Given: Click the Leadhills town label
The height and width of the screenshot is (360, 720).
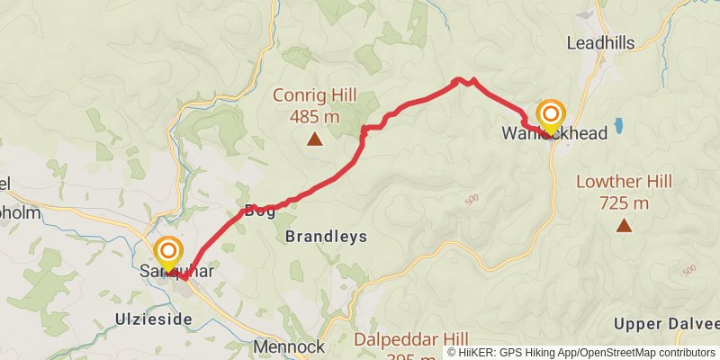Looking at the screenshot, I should [600, 42].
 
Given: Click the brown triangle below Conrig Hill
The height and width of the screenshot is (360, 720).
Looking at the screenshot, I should [314, 139].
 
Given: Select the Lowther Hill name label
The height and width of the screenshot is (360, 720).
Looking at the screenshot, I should [624, 182].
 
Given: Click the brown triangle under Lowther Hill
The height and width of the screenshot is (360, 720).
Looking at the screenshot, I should [624, 224].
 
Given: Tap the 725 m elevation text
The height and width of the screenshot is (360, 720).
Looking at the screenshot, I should [624, 202].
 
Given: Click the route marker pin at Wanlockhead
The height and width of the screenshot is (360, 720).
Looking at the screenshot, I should [550, 116].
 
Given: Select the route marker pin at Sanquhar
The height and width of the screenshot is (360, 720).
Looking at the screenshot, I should [168, 252].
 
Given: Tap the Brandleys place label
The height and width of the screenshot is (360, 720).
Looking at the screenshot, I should [326, 237].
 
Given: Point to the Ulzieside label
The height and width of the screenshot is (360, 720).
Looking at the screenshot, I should [155, 319].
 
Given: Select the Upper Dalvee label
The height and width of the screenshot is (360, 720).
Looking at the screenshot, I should [666, 324].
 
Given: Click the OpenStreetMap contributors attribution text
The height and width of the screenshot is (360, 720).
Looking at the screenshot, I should [648, 352].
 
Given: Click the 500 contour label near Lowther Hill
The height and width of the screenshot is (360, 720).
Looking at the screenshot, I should [690, 270].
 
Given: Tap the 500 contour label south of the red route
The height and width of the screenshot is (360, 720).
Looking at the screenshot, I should [472, 199].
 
